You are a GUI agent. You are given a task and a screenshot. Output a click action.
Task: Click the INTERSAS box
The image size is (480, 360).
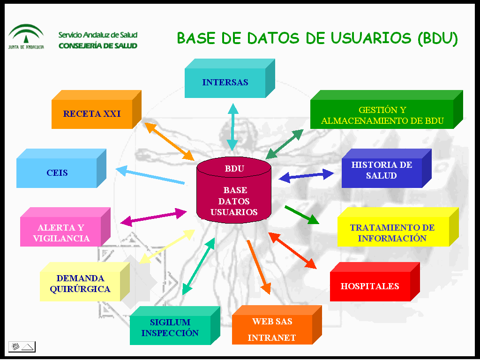[x=230, y=78]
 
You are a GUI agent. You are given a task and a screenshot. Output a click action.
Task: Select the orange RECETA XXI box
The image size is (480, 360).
[x=96, y=109]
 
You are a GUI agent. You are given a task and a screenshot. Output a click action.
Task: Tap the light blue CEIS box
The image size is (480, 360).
[x=61, y=168]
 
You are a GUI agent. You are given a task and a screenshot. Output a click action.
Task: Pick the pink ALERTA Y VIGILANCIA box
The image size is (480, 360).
[x=65, y=227]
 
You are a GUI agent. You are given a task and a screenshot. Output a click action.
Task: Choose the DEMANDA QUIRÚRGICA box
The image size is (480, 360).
[x=85, y=282]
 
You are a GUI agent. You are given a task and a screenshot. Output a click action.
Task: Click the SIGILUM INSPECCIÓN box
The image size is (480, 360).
[x=175, y=325]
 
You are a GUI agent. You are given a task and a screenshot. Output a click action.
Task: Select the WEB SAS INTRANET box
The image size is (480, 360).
[x=277, y=325]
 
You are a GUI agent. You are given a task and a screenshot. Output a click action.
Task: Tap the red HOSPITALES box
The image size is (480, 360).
[x=375, y=282]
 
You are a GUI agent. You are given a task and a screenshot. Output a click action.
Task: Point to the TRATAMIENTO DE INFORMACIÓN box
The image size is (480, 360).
[x=398, y=227]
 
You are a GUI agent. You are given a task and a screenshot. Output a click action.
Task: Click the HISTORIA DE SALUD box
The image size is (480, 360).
[x=386, y=168]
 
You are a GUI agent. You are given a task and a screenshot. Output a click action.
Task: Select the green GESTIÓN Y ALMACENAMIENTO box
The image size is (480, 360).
[x=386, y=109]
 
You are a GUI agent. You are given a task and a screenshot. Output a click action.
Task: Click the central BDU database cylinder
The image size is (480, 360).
[x=234, y=190]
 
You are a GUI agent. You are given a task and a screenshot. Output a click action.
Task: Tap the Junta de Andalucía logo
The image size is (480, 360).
[x=26, y=37]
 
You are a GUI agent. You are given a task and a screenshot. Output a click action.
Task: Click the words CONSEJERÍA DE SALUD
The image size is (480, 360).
[x=98, y=46]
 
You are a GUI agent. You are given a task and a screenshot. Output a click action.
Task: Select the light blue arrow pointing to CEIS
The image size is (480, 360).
[x=150, y=175]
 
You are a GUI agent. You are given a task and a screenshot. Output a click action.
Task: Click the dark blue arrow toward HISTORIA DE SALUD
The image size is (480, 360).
[x=306, y=176]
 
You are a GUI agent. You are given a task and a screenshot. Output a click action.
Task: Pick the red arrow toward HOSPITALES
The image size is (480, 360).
[x=292, y=251]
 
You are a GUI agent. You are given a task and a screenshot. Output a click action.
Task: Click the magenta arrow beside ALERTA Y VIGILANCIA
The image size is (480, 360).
[x=154, y=217]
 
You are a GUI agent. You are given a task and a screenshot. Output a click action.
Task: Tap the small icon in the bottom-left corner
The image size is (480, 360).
[x=22, y=347]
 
